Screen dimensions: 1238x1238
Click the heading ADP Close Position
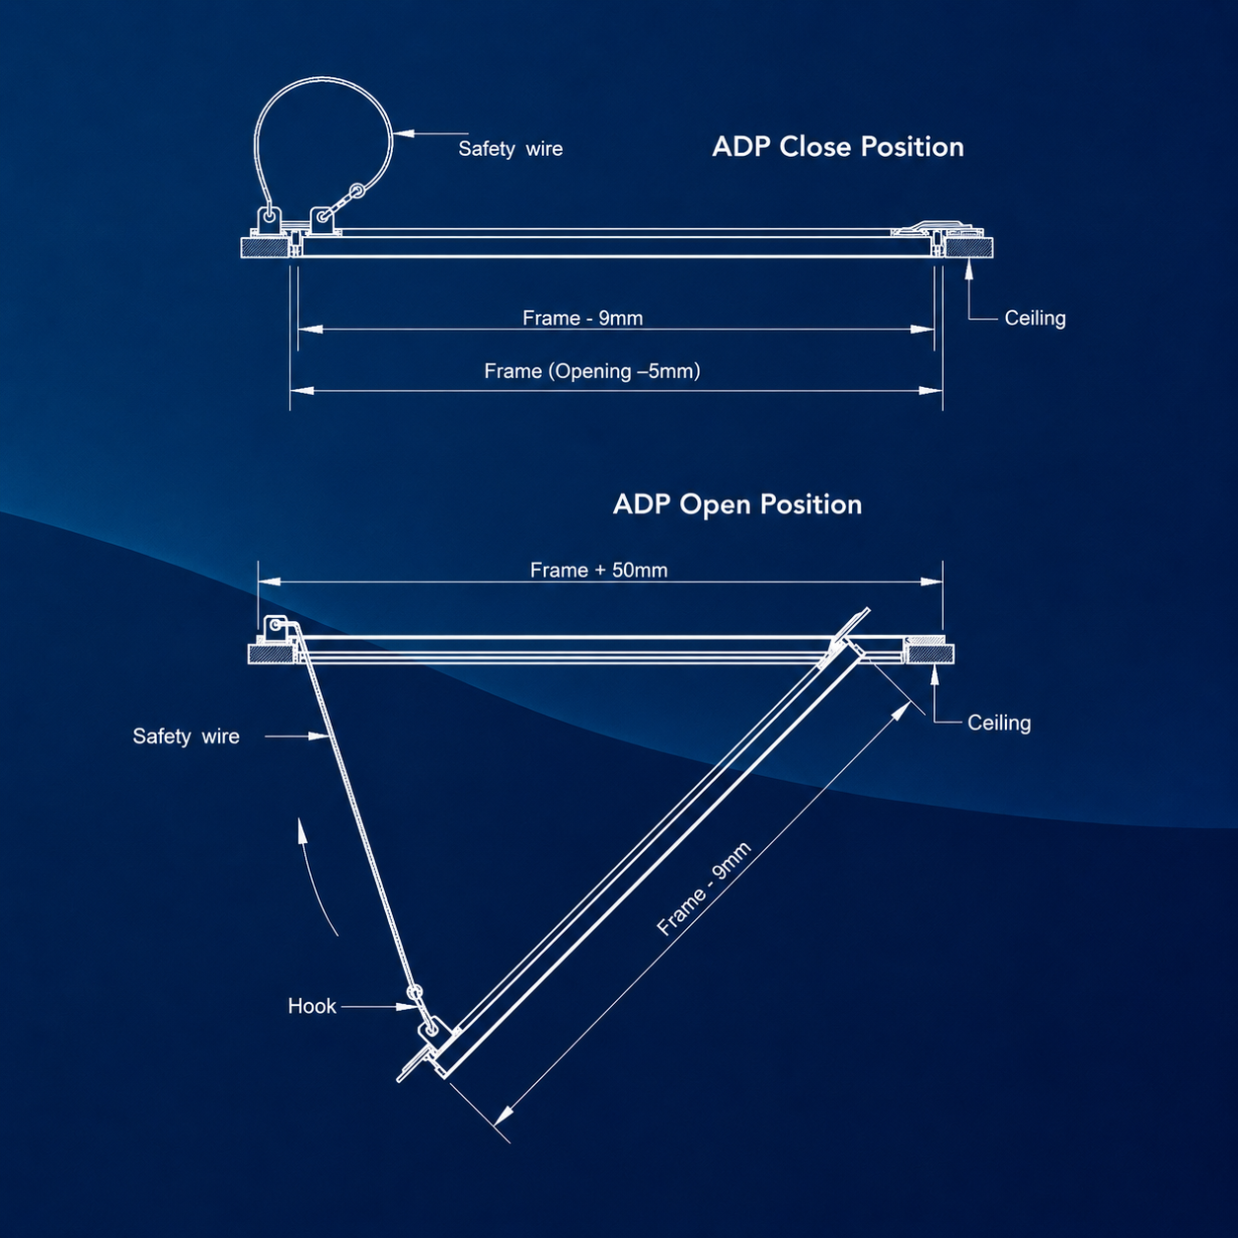[x=838, y=147]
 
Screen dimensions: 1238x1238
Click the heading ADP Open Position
[x=737, y=504]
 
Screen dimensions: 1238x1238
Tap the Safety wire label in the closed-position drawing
[x=510, y=149]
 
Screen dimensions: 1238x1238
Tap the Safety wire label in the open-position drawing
[x=187, y=736]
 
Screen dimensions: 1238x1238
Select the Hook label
[x=312, y=1006]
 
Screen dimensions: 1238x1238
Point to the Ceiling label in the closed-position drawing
[x=1035, y=318]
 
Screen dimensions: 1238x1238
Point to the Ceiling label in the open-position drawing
[x=999, y=723]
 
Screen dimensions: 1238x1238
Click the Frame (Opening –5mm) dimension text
[x=591, y=371]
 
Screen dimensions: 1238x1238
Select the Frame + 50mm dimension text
[x=599, y=570]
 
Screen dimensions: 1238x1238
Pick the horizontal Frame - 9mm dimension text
[x=582, y=318]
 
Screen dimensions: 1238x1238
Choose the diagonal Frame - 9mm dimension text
[x=704, y=889]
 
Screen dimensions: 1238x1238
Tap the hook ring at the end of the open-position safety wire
[x=416, y=992]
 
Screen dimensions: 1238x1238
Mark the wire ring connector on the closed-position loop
[x=357, y=191]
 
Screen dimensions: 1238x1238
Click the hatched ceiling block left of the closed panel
[x=265, y=248]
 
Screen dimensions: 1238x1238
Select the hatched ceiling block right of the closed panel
[x=969, y=248]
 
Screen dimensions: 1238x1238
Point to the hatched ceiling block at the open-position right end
[x=930, y=654]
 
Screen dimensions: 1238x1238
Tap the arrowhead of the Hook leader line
[x=407, y=1007]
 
